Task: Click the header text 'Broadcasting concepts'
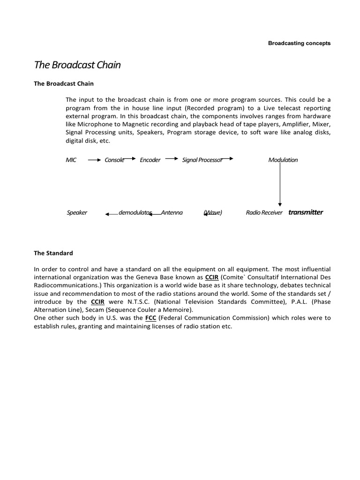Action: (x=299, y=43)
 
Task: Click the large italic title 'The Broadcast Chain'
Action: (x=77, y=65)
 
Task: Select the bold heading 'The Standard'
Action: (x=53, y=253)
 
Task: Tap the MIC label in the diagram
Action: (x=71, y=160)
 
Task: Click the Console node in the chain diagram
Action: (x=114, y=160)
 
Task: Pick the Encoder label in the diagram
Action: (x=150, y=160)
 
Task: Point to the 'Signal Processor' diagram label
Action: (x=202, y=160)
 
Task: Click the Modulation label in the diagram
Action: (x=283, y=160)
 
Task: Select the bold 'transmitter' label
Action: (x=306, y=212)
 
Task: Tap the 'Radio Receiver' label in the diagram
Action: (x=264, y=213)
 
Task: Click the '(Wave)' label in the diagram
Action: (x=213, y=213)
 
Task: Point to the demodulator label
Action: (x=135, y=213)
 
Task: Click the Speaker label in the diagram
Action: (x=77, y=213)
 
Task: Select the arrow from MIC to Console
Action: (x=94, y=160)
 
